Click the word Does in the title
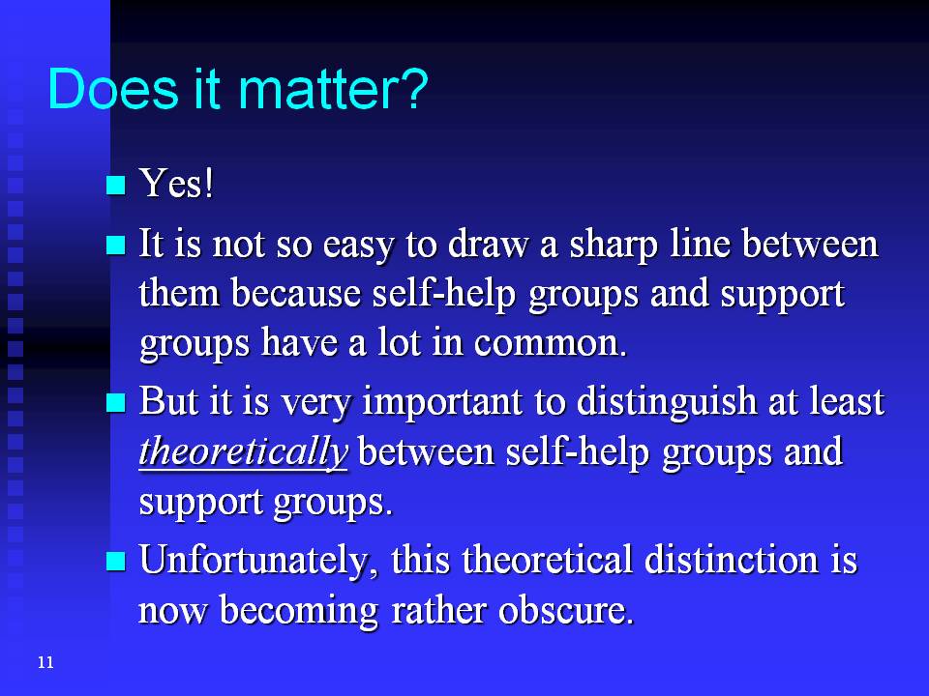click(x=112, y=89)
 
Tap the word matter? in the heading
click(x=333, y=89)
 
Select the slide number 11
click(x=45, y=662)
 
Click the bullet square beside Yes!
click(x=116, y=186)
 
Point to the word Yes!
click(x=176, y=183)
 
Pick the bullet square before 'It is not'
click(x=116, y=245)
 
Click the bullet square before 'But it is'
click(x=116, y=403)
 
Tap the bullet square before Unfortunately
click(x=116, y=561)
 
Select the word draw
click(x=488, y=244)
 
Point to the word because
click(x=296, y=294)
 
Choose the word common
click(x=550, y=344)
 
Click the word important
click(x=442, y=402)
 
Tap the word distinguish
click(x=667, y=402)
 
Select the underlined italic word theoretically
click(x=244, y=452)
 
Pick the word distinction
click(x=732, y=560)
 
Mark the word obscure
click(x=566, y=610)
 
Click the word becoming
click(x=299, y=611)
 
